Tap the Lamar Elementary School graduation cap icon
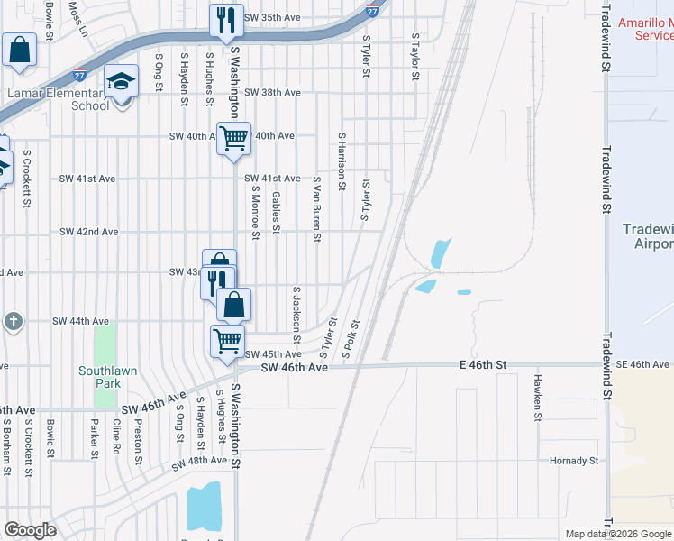[x=121, y=81]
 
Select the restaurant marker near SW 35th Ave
[x=226, y=20]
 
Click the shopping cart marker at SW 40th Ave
[x=234, y=139]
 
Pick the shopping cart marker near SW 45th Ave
[x=227, y=341]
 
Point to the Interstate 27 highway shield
[x=372, y=9]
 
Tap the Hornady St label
[x=574, y=461]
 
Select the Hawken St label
[x=537, y=398]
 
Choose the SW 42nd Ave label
[x=89, y=232]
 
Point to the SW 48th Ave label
[x=199, y=461]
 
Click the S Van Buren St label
[x=317, y=209]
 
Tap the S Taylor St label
[x=415, y=57]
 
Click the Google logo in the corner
[x=30, y=531]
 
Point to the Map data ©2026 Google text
[x=618, y=534]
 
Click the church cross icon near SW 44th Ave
[x=13, y=320]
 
